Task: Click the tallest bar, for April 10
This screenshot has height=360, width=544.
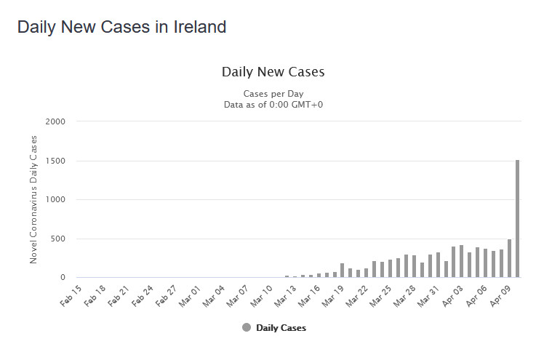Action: tap(517, 218)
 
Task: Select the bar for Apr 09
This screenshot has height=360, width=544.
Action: tap(509, 258)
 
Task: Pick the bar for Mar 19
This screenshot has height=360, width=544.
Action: tap(342, 271)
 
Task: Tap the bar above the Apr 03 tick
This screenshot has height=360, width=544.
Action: tap(453, 262)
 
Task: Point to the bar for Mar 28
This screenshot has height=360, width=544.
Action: tap(414, 266)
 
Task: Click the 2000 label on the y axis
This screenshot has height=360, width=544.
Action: tap(55, 121)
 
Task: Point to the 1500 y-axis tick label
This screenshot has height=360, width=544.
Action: tap(55, 161)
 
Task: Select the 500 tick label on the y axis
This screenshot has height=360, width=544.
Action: tap(57, 239)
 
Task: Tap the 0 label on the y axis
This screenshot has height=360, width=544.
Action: tap(63, 277)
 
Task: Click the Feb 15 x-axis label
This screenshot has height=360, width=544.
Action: tap(71, 296)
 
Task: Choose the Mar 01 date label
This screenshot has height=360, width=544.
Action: tap(190, 296)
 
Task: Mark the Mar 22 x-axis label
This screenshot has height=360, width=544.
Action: tap(356, 296)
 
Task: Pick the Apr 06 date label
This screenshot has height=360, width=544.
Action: tap(476, 296)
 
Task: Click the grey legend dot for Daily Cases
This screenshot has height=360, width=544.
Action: tap(247, 327)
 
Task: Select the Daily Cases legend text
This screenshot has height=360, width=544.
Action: tap(281, 328)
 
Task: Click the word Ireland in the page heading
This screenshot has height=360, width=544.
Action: tap(199, 27)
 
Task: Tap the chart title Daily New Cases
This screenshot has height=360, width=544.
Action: tap(273, 72)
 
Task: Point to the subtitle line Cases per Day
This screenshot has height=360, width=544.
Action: tap(273, 94)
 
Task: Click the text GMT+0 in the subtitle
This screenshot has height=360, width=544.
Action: tap(307, 105)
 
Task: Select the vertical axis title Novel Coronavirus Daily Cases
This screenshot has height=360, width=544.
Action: tap(33, 199)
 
